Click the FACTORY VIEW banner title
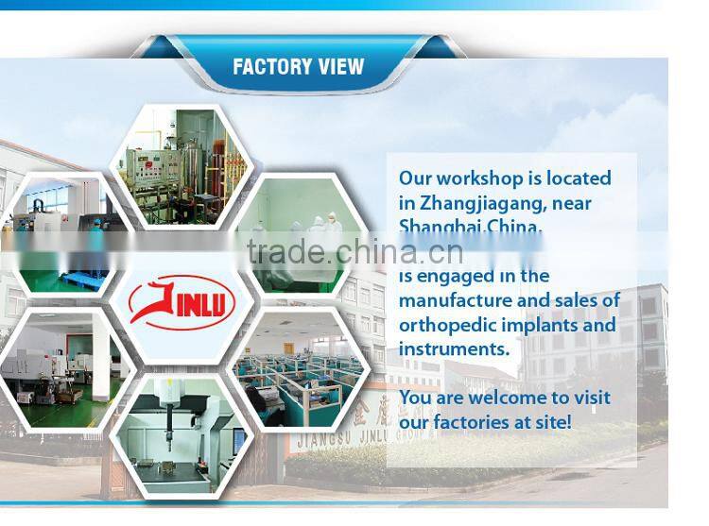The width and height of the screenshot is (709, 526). coord(298,67)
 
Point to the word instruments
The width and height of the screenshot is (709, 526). coord(453,349)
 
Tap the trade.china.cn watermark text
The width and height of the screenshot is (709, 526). coord(354,252)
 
